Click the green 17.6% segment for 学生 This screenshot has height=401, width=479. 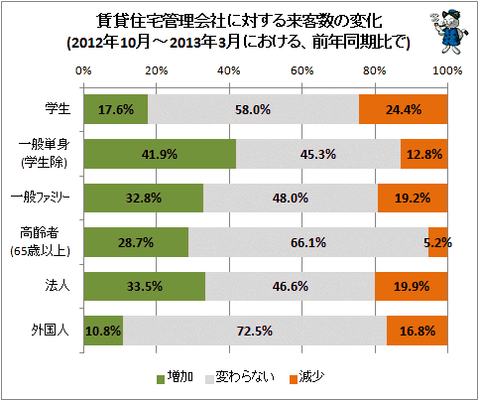coord(116,109)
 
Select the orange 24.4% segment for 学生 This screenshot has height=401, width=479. coord(404,109)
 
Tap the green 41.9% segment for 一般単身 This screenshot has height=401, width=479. coord(160,154)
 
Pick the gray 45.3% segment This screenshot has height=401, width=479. coord(318,154)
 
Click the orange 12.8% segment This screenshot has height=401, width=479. coord(424,154)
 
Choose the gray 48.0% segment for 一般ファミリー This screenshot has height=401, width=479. coord(291,198)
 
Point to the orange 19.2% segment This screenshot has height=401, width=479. coord(413,198)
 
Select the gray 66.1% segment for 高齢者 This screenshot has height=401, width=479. coord(308,242)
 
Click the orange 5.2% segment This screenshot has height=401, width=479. coord(438,242)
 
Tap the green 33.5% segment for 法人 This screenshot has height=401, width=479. coord(145,286)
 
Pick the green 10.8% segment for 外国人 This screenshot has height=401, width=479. coord(103,331)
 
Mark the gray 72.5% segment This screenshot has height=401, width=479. coord(255,331)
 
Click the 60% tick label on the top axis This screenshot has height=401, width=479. coord(301,70)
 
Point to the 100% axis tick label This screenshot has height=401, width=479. coord(447,70)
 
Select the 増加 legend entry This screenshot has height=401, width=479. coord(175,377)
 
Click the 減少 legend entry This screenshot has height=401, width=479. coord(306,377)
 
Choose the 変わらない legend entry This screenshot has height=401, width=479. coord(240,377)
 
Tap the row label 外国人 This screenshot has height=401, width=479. coord(51,331)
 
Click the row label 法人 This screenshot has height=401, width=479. coord(58,286)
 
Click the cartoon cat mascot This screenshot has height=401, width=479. coord(449,32)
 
